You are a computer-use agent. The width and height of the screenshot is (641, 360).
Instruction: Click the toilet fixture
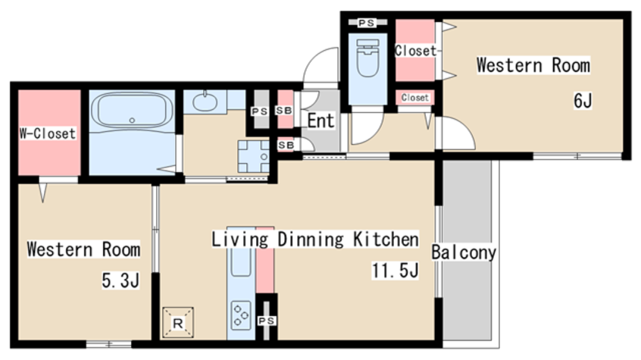coord(368,58)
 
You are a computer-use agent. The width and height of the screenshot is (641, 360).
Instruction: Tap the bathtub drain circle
coord(132,121)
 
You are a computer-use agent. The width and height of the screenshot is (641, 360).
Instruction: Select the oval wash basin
coord(205,102)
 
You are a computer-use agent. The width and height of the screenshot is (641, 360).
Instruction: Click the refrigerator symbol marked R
coord(178,323)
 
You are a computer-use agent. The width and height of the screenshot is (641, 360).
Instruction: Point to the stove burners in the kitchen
coord(241,315)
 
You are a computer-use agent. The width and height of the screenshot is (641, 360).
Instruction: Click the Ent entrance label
coord(320,121)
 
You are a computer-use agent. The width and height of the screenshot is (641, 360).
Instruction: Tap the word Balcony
coord(464,252)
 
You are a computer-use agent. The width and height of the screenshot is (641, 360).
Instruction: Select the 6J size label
coord(583,101)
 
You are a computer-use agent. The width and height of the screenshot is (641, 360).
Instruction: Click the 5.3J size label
coord(120,280)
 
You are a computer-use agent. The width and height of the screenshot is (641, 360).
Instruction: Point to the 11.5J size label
coord(396,271)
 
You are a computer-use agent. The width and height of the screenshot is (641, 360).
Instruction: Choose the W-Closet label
coord(48,133)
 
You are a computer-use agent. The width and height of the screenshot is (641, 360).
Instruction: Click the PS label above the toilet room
coord(367,23)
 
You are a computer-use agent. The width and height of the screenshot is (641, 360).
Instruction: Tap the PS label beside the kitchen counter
coord(267,321)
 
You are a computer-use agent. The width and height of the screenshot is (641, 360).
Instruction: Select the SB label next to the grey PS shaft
coord(284,111)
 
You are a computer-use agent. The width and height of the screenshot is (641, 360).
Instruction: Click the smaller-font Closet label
coord(415,98)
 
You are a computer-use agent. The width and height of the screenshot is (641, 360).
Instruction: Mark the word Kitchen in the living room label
coord(386,239)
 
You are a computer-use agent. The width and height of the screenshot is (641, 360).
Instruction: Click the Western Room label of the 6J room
coord(533,65)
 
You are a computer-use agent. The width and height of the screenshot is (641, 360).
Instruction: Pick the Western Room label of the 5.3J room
coord(83,249)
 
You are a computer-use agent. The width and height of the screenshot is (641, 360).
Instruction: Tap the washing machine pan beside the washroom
coord(254,156)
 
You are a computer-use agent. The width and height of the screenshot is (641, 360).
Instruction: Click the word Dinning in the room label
coord(311,239)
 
